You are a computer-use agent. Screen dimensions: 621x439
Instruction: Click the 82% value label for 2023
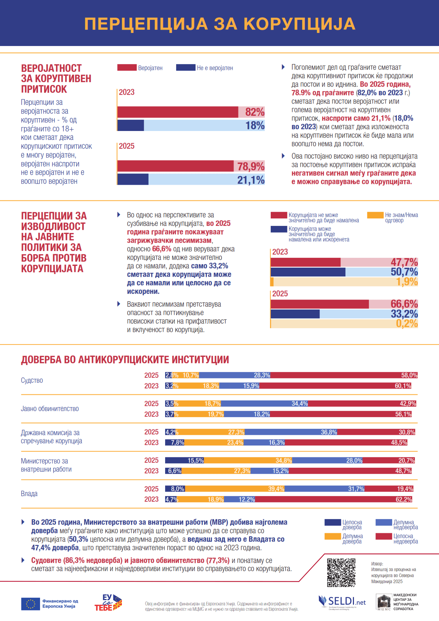[x=255, y=112]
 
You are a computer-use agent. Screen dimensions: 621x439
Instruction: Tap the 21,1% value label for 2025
[x=251, y=180]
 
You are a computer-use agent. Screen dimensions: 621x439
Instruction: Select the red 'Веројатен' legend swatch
[x=127, y=68]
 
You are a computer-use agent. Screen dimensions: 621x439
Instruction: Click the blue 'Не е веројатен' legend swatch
[x=186, y=68]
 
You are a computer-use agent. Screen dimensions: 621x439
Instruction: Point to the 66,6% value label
[x=404, y=304]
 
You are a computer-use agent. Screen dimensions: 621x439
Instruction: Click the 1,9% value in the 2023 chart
[x=407, y=282]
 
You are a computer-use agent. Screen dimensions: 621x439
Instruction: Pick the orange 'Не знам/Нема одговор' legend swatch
[x=375, y=215]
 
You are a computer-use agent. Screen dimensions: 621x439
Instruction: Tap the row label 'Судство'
[x=32, y=380]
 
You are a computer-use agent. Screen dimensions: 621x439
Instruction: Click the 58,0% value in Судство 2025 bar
[x=409, y=375]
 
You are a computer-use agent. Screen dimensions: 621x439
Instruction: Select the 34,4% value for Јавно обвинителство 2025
[x=299, y=404]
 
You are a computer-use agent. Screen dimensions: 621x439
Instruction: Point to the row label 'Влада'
[x=29, y=494]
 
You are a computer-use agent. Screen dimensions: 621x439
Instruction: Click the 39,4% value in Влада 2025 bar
[x=276, y=489]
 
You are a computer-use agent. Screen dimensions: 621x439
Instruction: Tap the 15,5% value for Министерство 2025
[x=196, y=461]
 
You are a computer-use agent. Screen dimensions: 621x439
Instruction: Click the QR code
[x=341, y=572]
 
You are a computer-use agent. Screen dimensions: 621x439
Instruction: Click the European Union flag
[x=30, y=604]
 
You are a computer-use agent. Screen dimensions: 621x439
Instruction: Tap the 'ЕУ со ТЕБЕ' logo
[x=108, y=603]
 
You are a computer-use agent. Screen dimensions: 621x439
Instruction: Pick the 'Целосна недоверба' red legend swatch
[x=383, y=536]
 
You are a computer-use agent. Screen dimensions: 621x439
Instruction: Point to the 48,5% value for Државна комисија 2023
[x=399, y=443]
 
